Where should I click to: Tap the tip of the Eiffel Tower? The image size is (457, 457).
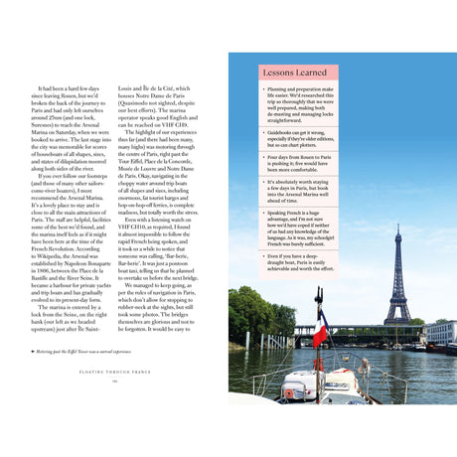[397, 227]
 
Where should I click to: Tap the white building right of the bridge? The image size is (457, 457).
[438, 333]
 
